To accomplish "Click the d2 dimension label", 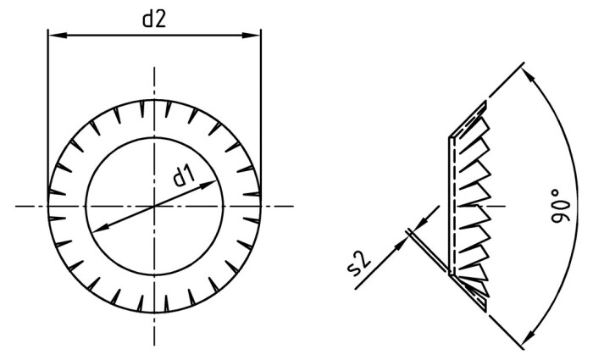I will point(153,19).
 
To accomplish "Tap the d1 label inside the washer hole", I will point(184,176).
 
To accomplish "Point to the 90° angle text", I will point(559,207).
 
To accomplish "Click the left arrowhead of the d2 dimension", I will point(53,36).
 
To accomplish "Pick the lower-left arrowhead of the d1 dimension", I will point(93,227).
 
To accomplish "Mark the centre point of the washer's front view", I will point(154,206).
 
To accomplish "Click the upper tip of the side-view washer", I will point(487,103).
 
